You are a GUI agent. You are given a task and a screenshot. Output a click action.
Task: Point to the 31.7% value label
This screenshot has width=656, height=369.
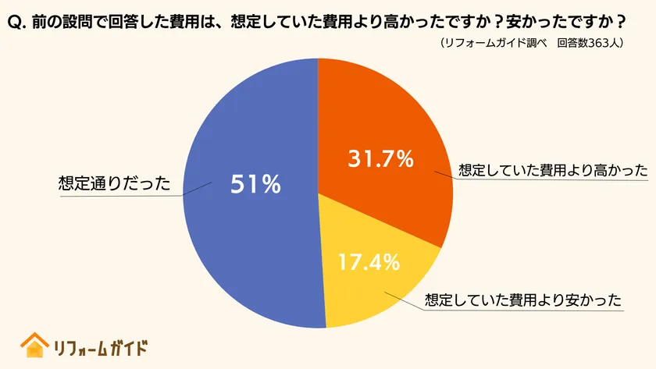click(380, 159)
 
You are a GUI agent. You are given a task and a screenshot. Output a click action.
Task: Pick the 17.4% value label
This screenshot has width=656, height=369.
click(369, 261)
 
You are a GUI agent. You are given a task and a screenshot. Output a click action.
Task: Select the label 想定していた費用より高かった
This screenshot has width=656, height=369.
click(553, 170)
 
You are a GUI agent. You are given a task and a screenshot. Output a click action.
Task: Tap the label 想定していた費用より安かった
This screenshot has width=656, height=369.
click(522, 300)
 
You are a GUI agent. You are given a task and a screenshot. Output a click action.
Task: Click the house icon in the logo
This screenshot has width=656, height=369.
click(34, 345)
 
